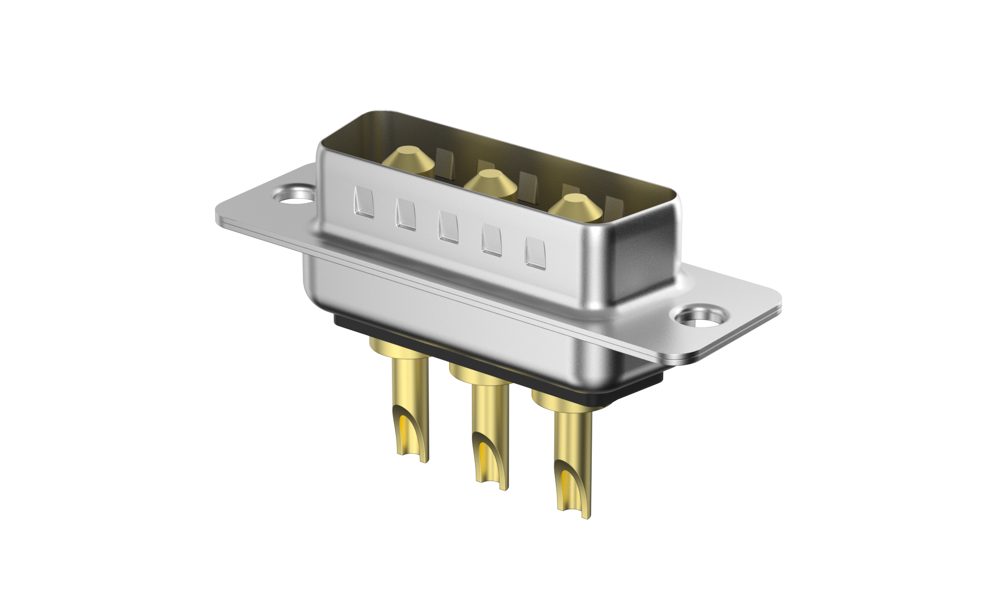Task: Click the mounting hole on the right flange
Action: click(698, 317)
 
